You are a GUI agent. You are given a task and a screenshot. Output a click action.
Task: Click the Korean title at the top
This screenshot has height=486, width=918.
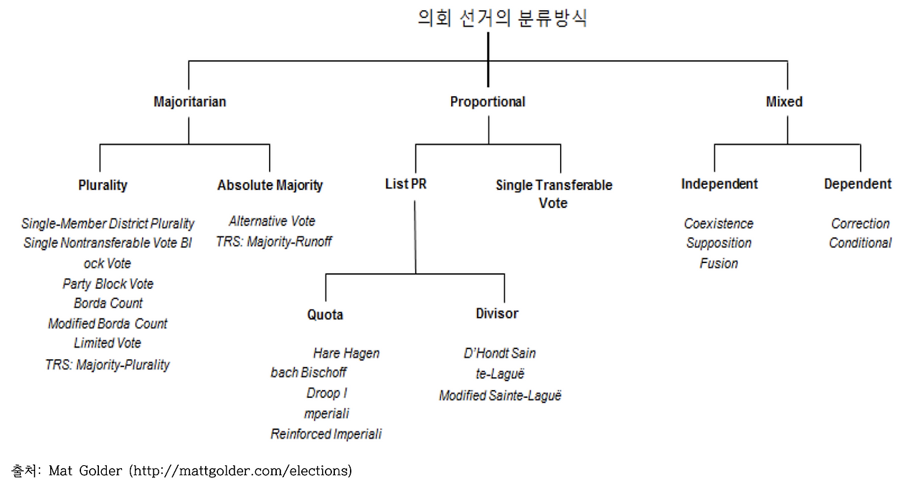click(x=502, y=18)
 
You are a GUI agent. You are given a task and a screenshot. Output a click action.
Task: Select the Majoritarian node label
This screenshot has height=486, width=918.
click(x=189, y=102)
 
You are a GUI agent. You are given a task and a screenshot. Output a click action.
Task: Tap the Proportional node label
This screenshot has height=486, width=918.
click(x=488, y=102)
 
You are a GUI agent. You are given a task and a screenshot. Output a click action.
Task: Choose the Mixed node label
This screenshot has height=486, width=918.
click(x=784, y=102)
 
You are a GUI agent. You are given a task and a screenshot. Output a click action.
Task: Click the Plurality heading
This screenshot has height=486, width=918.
click(x=103, y=185)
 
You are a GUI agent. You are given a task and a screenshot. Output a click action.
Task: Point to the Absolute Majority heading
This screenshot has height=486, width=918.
click(x=270, y=185)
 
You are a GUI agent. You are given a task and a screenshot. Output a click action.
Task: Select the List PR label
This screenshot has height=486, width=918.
click(x=406, y=184)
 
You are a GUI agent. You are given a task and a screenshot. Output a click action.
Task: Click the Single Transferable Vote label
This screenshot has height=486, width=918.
click(x=554, y=194)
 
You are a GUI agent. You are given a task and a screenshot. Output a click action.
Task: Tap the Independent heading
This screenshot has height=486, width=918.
click(x=719, y=184)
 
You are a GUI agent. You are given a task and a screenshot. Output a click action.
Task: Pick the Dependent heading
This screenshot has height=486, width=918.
click(x=858, y=184)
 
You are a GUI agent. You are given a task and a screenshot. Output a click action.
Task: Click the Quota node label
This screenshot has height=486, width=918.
click(x=326, y=315)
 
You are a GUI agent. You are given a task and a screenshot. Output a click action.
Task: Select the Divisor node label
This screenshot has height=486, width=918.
click(x=497, y=313)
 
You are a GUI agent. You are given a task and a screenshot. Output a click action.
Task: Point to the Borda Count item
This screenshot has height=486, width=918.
click(x=108, y=303)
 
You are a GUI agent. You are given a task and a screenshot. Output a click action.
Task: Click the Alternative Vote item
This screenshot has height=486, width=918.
click(x=272, y=221)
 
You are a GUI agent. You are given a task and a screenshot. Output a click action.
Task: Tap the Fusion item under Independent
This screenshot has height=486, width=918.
click(x=719, y=264)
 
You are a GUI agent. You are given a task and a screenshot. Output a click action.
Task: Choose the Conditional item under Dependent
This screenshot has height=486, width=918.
click(x=860, y=243)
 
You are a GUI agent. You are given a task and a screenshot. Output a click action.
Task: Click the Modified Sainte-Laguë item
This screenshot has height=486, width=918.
click(x=500, y=396)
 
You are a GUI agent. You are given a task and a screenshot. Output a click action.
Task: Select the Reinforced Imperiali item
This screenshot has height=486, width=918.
click(x=326, y=434)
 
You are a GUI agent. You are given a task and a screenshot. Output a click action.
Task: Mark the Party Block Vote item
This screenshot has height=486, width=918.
click(x=108, y=284)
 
